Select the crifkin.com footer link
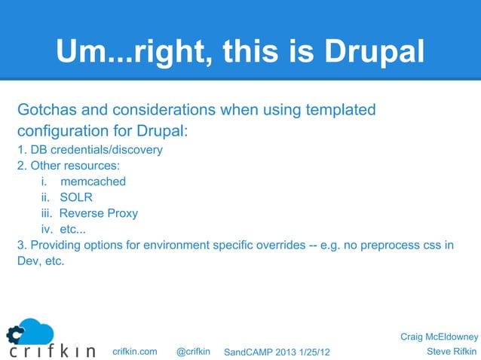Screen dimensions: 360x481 (x=134, y=351)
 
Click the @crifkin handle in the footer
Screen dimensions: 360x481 (x=192, y=351)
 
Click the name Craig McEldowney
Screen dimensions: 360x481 (x=439, y=336)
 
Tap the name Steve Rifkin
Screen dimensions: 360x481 (x=452, y=351)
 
